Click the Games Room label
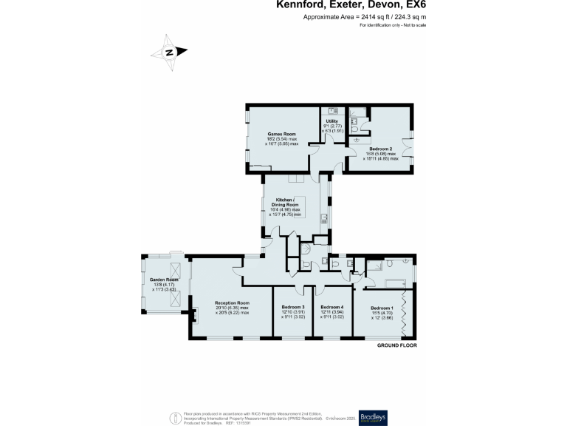coord(283,135)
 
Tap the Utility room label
coord(331,121)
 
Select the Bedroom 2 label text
coord(381,149)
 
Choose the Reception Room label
coord(232,303)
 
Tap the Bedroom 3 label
coord(293,307)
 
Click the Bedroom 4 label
coord(332,307)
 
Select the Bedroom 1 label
coord(382,308)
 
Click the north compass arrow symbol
coord(169,52)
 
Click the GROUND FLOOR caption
coord(397,345)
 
